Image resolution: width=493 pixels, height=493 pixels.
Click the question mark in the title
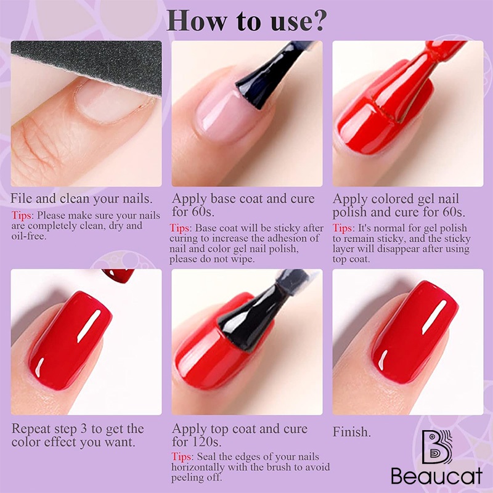[316, 21]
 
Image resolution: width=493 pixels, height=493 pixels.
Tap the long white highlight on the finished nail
[434, 317]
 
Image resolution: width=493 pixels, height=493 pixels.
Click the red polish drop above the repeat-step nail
[118, 275]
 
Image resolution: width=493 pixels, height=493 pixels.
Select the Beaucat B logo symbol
[437, 447]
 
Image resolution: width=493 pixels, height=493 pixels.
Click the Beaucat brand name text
[437, 476]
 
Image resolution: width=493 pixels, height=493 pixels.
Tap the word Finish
[351, 432]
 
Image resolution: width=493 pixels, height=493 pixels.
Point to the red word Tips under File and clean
[22, 215]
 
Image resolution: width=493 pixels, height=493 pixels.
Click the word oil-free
[29, 236]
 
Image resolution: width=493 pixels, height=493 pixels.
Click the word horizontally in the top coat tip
[198, 467]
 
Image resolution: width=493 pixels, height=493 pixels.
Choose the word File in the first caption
[22, 198]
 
